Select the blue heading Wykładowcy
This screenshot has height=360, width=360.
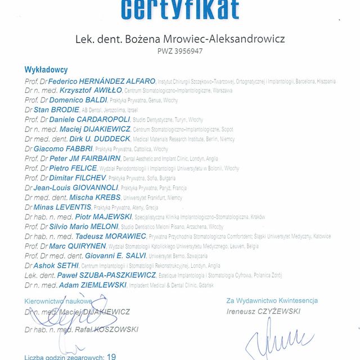[x=46, y=70]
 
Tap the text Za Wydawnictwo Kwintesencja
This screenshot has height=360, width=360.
[x=272, y=301]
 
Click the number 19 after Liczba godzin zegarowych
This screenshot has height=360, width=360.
[x=111, y=357]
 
